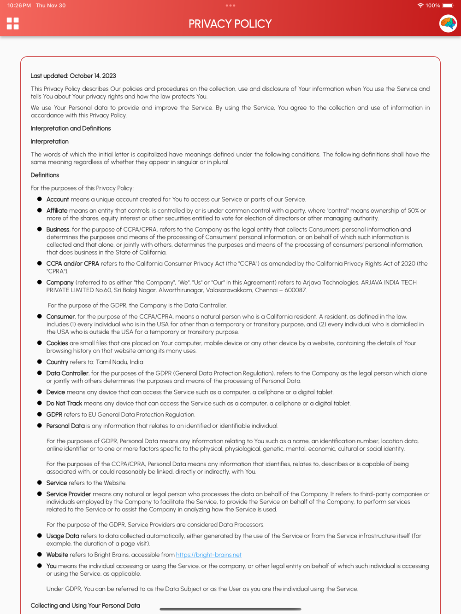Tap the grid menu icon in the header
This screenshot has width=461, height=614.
(x=13, y=23)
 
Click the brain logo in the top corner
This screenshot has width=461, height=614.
(x=448, y=23)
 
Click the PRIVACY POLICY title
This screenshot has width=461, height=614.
(x=230, y=24)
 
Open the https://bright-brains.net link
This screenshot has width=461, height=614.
(x=208, y=555)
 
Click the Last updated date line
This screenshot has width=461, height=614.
(x=73, y=76)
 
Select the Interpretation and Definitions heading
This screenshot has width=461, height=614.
(x=71, y=128)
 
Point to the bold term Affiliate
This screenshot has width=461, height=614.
(x=57, y=211)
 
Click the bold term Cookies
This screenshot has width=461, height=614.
(x=57, y=343)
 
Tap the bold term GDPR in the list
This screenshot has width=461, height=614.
(x=54, y=415)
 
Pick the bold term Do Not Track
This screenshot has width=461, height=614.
(x=64, y=404)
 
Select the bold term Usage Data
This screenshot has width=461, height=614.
(x=63, y=536)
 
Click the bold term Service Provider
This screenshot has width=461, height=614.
(x=69, y=494)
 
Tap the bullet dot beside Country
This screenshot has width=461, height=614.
(x=40, y=362)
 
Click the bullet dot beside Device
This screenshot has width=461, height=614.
(x=40, y=392)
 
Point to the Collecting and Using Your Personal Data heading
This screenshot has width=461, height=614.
(x=85, y=606)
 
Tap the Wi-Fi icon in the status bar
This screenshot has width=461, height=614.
(x=420, y=6)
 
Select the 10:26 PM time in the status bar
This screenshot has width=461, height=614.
(x=19, y=6)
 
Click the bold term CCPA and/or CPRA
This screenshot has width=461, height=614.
(x=73, y=264)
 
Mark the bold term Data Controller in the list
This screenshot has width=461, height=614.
(x=67, y=373)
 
